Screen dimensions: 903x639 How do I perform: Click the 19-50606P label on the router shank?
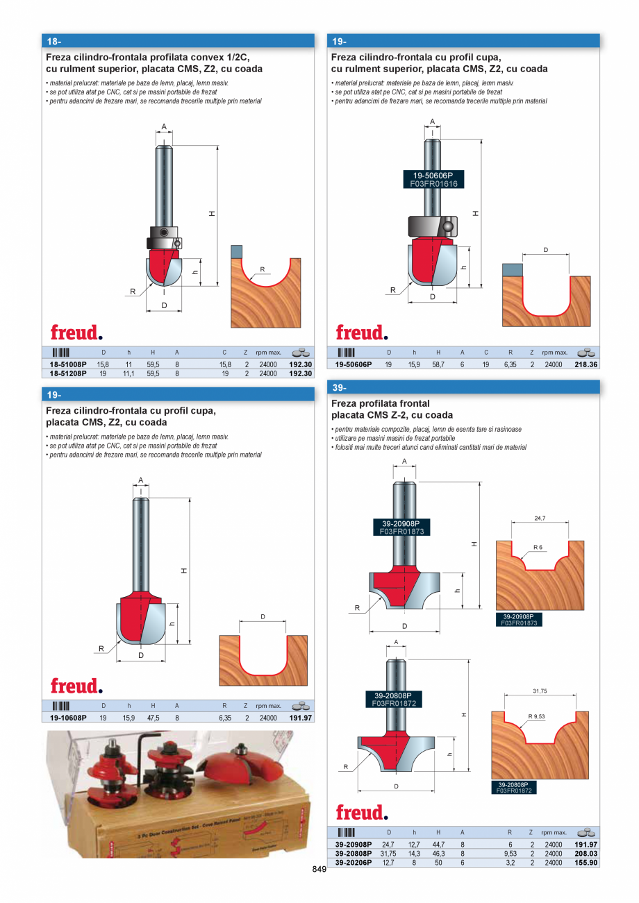point(432,176)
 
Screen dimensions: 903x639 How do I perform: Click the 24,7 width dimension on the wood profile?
point(540,518)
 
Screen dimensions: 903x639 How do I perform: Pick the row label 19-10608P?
point(64,718)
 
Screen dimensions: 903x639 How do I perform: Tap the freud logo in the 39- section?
point(361,813)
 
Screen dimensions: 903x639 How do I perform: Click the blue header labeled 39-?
point(463,387)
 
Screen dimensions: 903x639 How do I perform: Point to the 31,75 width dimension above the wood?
point(540,691)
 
